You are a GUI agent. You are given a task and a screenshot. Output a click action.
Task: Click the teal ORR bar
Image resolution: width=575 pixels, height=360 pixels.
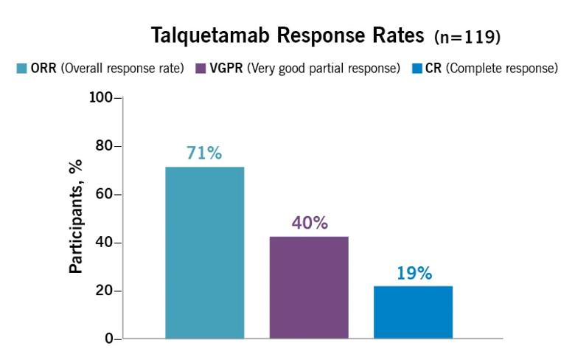(204, 253)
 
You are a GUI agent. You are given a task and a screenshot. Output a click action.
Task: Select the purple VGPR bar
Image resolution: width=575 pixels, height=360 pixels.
(309, 288)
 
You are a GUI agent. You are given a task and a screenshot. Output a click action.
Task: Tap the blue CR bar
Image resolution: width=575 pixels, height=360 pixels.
(413, 312)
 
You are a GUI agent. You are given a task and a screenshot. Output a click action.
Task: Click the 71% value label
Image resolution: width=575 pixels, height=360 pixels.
(204, 153)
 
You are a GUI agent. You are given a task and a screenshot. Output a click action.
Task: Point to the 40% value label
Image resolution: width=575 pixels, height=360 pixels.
(309, 223)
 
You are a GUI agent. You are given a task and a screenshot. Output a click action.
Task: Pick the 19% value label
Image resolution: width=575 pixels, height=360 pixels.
(413, 273)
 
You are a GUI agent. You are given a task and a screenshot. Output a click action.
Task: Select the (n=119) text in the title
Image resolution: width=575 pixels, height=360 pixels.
(468, 36)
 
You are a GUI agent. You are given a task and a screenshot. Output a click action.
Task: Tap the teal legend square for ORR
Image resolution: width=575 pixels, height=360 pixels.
(21, 69)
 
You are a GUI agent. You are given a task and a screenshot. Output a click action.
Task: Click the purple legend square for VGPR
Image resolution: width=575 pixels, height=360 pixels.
(201, 69)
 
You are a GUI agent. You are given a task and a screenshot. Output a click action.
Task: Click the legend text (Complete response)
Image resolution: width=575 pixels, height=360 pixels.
(502, 69)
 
